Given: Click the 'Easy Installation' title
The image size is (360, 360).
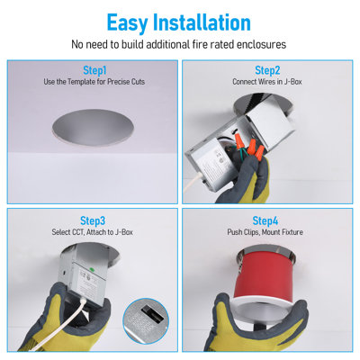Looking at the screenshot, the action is click(x=179, y=22).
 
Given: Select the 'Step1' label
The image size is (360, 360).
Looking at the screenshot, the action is click(x=94, y=71).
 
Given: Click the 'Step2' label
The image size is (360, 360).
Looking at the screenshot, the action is click(x=267, y=70).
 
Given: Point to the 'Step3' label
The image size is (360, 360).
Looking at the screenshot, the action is click(x=93, y=220).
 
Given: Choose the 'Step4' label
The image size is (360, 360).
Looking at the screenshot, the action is click(x=265, y=220).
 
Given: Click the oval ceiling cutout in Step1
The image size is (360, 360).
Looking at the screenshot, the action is click(x=93, y=128).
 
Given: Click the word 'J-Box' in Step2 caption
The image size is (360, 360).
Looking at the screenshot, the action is click(x=292, y=82).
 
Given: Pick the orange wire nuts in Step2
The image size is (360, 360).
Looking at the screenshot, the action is click(x=250, y=145).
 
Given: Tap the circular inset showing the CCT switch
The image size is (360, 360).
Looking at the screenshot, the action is click(x=146, y=321).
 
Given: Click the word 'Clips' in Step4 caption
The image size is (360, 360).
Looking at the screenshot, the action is click(x=250, y=232).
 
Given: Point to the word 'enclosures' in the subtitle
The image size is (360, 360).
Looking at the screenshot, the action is click(x=261, y=45).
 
